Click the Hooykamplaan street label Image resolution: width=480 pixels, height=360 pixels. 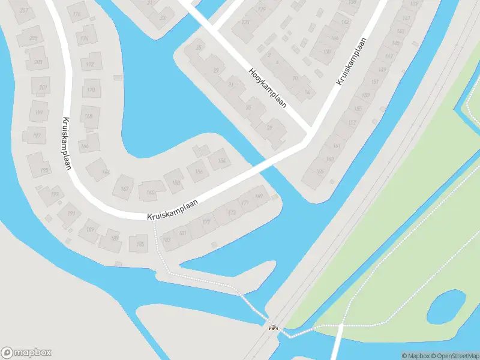point(267,88)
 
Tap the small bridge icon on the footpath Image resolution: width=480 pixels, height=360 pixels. point(274,328)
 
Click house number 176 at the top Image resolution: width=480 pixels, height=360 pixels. point(76,14)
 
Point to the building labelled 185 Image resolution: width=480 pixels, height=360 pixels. point(140,244)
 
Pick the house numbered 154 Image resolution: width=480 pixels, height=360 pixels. point(221,161)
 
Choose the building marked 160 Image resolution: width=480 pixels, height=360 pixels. point(150,193)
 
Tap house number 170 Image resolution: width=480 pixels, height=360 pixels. point(91,90)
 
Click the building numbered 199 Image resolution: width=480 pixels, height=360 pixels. point(40,112)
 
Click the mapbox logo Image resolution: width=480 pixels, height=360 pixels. point(26,353)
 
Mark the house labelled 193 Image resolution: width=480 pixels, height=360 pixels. point(55,194)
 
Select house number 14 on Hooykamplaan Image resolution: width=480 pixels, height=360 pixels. point(307,92)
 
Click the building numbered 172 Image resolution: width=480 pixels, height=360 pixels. point(90,64)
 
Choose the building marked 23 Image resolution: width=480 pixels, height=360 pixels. point(163,17)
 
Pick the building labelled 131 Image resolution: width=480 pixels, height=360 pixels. point(245,22)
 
